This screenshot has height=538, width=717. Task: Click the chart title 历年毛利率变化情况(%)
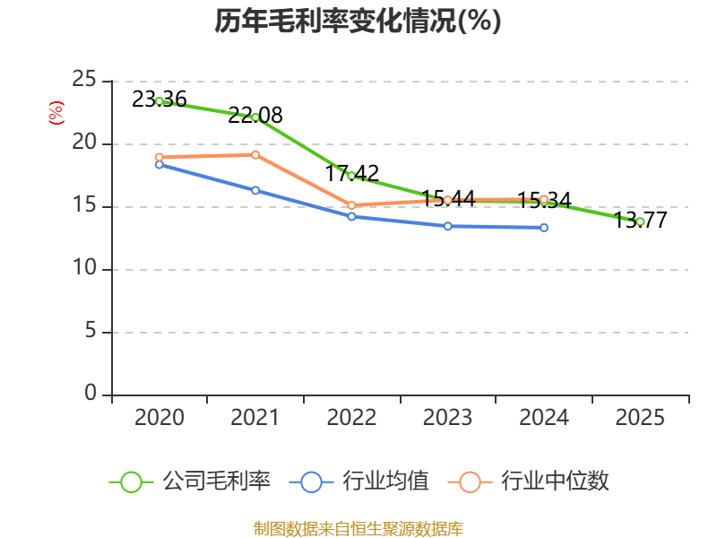point(358,21)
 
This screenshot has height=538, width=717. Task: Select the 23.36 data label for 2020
point(160,100)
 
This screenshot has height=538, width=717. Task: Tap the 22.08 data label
point(255,116)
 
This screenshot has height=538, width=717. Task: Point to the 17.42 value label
point(351,173)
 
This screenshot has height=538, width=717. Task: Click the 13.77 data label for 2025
point(640,220)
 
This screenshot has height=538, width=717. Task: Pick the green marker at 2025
point(640,221)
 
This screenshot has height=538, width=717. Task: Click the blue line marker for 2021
point(255,190)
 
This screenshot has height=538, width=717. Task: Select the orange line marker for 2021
point(255,155)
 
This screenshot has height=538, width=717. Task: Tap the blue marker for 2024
point(544,228)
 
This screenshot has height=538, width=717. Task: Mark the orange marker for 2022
point(351,205)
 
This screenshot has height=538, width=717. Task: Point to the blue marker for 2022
point(351,216)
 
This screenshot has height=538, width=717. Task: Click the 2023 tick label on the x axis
point(447,418)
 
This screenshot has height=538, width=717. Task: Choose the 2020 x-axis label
point(160,418)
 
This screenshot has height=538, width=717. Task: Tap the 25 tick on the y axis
point(84,80)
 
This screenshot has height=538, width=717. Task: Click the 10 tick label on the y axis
point(84,267)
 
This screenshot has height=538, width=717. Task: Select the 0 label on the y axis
point(91,393)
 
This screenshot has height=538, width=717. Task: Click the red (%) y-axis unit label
point(56,113)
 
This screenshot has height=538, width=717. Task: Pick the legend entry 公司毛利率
point(190,482)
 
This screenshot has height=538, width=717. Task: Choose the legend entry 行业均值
point(359,482)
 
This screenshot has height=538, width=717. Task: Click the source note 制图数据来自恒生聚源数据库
point(358,529)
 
